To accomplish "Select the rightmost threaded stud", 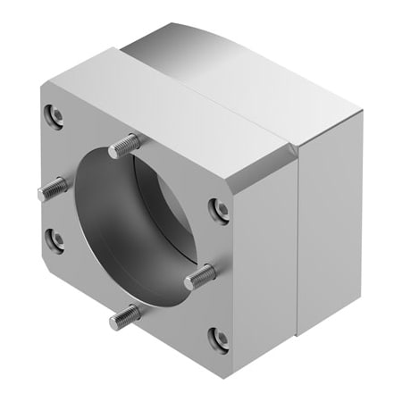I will coord(200,277).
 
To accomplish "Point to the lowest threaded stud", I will coord(126,314).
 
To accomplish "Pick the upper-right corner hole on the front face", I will coord(218,209).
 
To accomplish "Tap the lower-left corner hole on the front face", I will coord(54,239).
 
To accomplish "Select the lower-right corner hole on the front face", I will coord(216,338).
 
